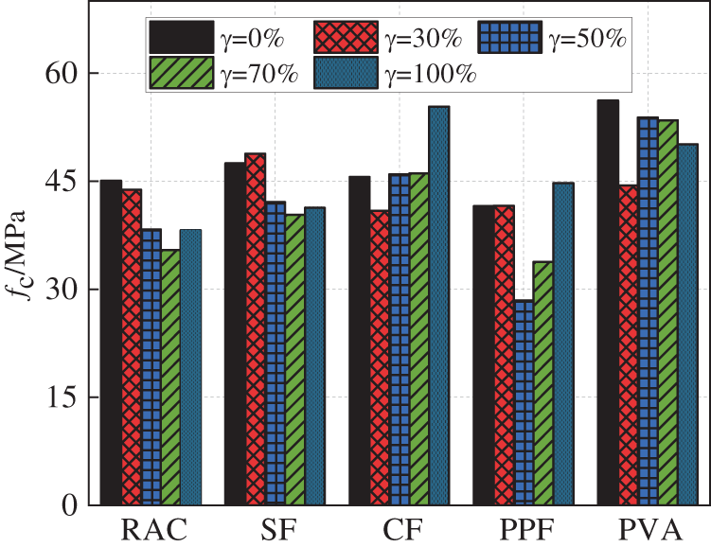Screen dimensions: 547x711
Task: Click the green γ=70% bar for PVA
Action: pyautogui.click(x=668, y=312)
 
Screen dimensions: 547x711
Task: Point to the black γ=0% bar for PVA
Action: pyautogui.click(x=607, y=303)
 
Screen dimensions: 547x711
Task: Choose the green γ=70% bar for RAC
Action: pyautogui.click(x=170, y=378)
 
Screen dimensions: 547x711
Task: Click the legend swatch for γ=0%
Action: pyautogui.click(x=180, y=38)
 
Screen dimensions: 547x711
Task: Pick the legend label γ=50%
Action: pyautogui.click(x=588, y=39)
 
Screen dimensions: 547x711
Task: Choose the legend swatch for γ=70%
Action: pyautogui.click(x=180, y=73)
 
